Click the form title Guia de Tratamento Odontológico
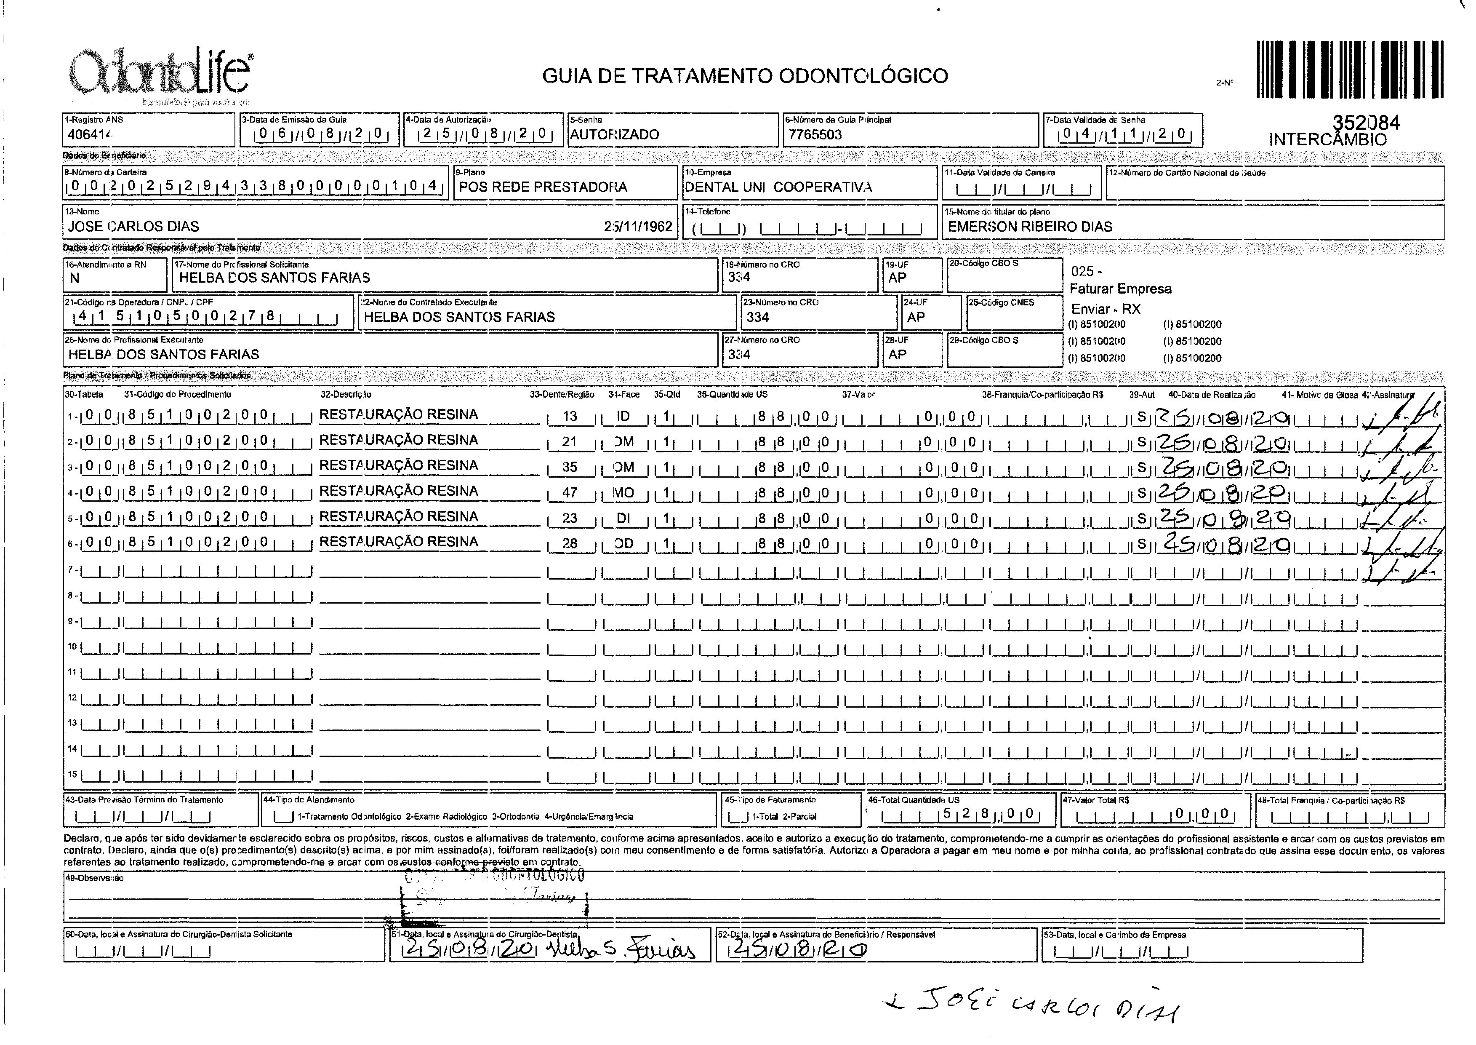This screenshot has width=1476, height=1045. click(745, 76)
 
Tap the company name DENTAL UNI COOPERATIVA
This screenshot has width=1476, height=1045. click(778, 187)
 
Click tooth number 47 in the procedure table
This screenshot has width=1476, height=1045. click(570, 493)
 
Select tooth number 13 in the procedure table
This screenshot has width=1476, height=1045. click(570, 416)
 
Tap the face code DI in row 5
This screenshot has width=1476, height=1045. click(623, 518)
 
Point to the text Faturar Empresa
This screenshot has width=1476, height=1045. click(1120, 289)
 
